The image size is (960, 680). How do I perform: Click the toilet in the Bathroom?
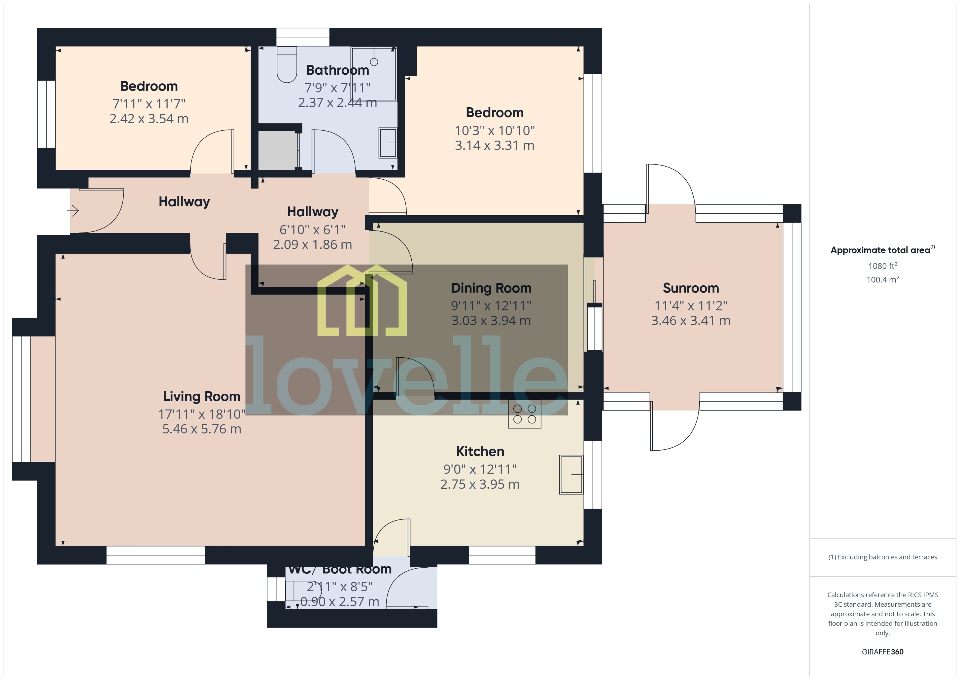coord(287,65)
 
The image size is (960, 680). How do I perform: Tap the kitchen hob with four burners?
coord(524,414)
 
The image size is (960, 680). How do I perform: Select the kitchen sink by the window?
coord(571,474)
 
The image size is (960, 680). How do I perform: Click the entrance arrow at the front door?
coord(73,210)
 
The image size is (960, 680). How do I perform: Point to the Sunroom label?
coord(691,288)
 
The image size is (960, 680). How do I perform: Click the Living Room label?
coord(202,396)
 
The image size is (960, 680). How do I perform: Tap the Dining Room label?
coord(491,288)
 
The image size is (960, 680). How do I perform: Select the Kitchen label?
coord(480,451)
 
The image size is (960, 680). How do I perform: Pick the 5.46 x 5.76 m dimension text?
coord(202,429)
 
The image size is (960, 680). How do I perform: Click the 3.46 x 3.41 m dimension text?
coord(691,321)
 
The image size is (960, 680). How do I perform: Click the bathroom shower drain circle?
coord(374,62)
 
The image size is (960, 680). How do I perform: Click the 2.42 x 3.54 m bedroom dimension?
coord(149,119)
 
